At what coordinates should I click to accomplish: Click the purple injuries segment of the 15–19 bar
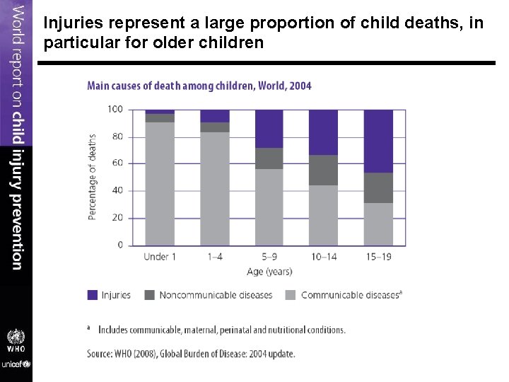pos(378,141)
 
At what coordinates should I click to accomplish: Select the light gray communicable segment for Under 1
pos(160,183)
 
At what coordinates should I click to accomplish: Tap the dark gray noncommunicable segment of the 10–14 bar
pos(323,170)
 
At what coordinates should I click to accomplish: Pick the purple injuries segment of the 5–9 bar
pos(269,129)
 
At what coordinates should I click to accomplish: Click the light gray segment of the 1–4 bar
pos(214,188)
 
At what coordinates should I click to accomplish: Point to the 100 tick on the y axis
pos(115,109)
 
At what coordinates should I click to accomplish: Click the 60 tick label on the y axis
pos(117,163)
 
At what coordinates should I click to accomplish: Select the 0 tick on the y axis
pos(119,245)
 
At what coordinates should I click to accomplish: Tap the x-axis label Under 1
pos(160,257)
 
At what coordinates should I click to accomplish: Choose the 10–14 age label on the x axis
pos(323,257)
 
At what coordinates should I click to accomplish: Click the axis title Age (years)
pos(269,272)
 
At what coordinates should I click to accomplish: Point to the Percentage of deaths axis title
pos(93,177)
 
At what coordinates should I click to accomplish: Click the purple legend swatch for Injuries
pos(92,295)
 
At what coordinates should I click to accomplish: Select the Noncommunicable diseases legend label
pos(216,295)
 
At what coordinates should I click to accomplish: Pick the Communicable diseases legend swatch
pos(291,295)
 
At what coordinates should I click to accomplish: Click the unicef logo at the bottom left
pos(16,364)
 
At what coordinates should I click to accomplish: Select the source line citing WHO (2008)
pos(191,353)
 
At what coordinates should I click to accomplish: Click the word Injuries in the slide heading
pos(69,23)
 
